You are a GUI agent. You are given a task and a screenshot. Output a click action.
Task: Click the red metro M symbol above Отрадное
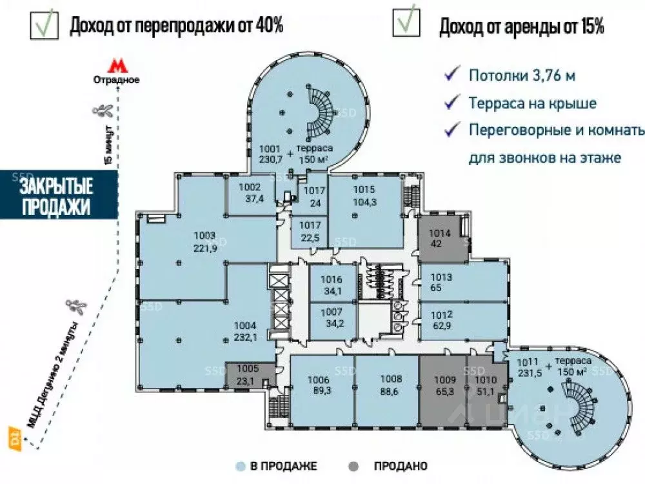pyautogui.click(x=116, y=66)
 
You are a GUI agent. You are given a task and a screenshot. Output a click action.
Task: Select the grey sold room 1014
pyautogui.click(x=439, y=239)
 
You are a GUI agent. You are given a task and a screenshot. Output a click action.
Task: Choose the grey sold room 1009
pyautogui.click(x=444, y=385)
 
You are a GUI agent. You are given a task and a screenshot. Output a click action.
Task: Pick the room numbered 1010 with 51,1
pyautogui.click(x=486, y=385)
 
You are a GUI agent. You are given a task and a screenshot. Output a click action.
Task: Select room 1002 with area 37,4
pyautogui.click(x=249, y=194)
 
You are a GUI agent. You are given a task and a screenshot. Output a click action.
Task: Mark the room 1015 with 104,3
pyautogui.click(x=364, y=195)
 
